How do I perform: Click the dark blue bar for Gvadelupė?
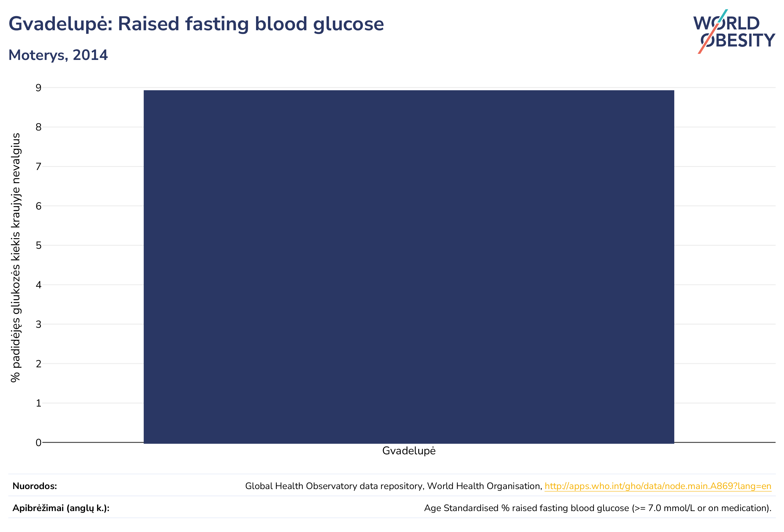pyautogui.click(x=409, y=267)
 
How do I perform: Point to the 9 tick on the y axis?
pyautogui.click(x=38, y=88)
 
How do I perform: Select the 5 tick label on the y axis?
pyautogui.click(x=38, y=245)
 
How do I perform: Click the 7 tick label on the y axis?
pyautogui.click(x=38, y=167)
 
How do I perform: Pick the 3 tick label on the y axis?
pyautogui.click(x=38, y=324)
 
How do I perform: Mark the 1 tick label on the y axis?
pyautogui.click(x=38, y=403)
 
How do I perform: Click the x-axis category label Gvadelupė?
pyautogui.click(x=409, y=451)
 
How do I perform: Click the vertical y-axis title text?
pyautogui.click(x=16, y=258)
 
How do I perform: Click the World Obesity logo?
pyautogui.click(x=734, y=31)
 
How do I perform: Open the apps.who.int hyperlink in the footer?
pyautogui.click(x=658, y=486)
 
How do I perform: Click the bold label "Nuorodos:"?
pyautogui.click(x=35, y=486)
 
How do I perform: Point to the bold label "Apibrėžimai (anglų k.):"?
pyautogui.click(x=61, y=508)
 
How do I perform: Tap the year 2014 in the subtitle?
pyautogui.click(x=90, y=55)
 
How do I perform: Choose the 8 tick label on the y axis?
pyautogui.click(x=38, y=127)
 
